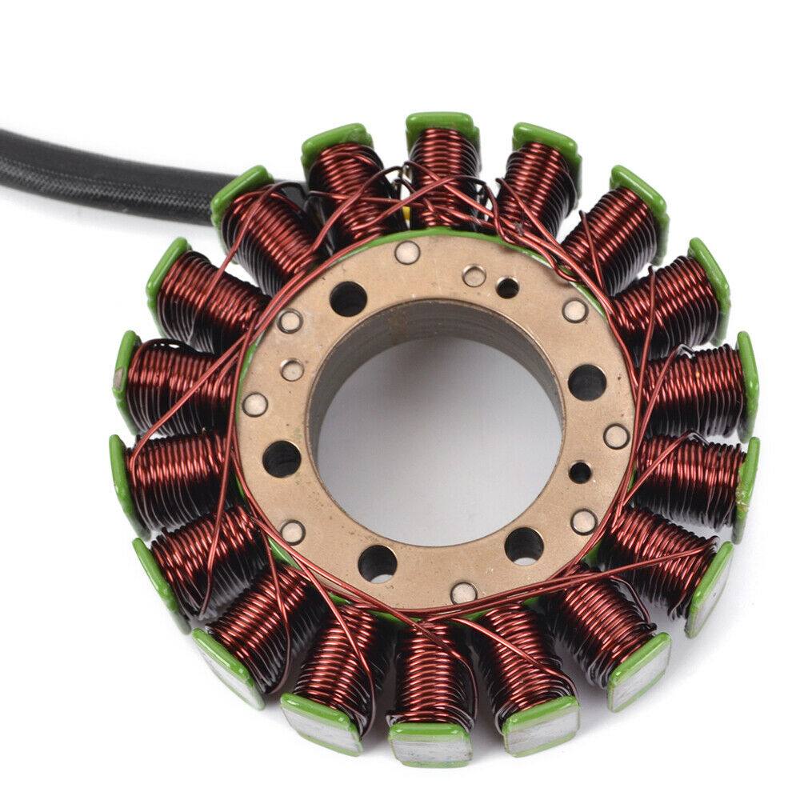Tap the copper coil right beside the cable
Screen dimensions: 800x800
tap(264, 228)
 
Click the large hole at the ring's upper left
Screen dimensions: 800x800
tap(348, 298)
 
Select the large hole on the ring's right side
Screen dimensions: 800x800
tap(587, 382)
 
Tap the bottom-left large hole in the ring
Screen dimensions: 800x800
tap(377, 563)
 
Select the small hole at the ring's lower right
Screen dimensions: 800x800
tap(580, 472)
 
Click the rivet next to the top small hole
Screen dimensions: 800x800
tap(474, 276)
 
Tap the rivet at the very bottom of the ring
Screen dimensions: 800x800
tap(464, 593)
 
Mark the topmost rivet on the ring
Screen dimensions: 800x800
tap(407, 253)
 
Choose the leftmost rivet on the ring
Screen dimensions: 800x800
tap(255, 404)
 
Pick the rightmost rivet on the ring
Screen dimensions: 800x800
tap(616, 436)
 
